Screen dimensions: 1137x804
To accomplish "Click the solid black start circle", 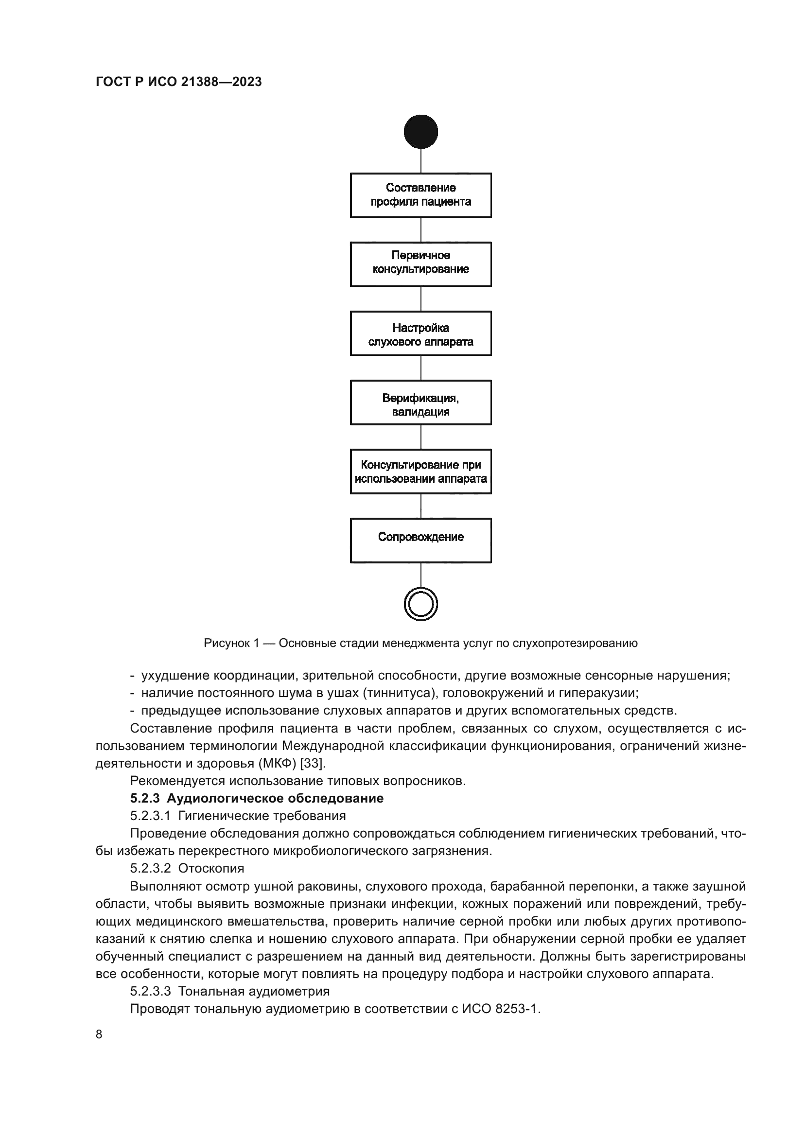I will (x=420, y=132).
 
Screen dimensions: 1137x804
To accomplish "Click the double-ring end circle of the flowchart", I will (x=420, y=604).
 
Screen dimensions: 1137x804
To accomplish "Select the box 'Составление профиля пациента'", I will (x=420, y=194).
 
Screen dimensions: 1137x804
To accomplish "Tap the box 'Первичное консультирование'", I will (x=420, y=263).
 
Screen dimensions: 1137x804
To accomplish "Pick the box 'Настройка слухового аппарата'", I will (x=420, y=333).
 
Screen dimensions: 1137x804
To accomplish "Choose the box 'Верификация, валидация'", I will (x=420, y=402).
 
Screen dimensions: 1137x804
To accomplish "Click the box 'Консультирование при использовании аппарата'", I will (x=420, y=471).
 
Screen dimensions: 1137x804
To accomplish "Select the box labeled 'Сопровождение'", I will (x=420, y=540).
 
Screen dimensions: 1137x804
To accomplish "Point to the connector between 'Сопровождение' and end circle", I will (x=420, y=575).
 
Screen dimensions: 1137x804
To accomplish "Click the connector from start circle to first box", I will (x=420, y=160).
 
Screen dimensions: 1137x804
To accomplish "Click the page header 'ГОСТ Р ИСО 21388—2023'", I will (x=178, y=82).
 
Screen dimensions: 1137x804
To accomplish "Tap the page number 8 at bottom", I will (x=99, y=1034).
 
